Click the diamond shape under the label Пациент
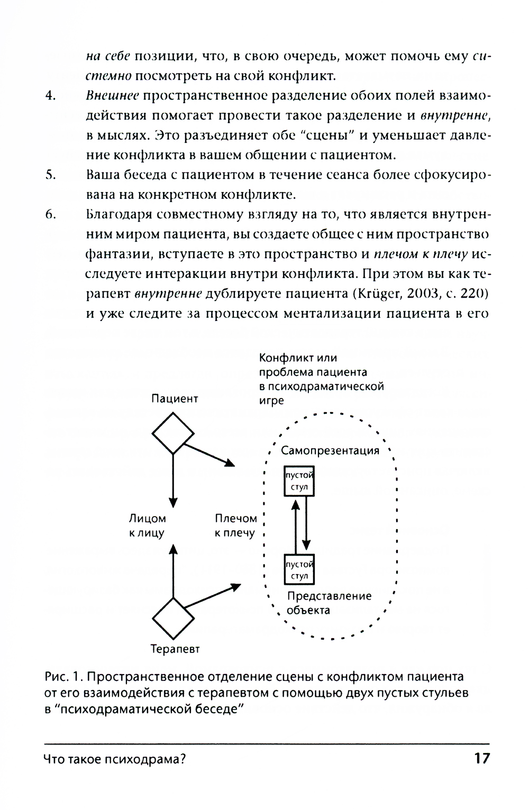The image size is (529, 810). (173, 433)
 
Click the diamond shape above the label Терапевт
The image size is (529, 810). (173, 618)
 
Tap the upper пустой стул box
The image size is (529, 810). (299, 481)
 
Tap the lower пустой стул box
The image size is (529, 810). (299, 569)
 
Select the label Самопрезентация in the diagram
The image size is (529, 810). (330, 450)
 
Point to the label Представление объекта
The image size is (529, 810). (329, 603)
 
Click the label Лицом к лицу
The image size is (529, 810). (147, 526)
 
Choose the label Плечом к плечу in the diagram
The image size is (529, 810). (235, 526)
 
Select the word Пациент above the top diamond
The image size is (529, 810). (175, 399)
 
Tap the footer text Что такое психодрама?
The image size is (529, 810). (114, 760)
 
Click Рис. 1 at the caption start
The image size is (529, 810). (61, 677)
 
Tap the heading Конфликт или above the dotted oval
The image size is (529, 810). (298, 358)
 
